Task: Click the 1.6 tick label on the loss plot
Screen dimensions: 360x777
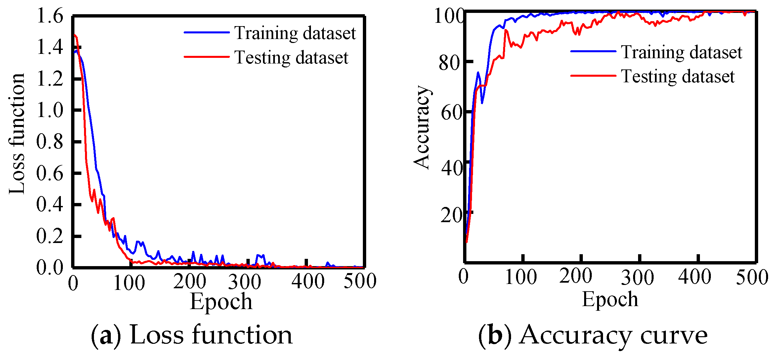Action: (50, 16)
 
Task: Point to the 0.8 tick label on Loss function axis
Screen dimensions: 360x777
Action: (50, 141)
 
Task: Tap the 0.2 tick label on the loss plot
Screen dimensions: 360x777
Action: (50, 236)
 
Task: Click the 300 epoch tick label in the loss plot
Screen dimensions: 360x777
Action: (244, 282)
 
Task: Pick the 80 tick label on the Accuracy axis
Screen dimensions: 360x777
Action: (449, 62)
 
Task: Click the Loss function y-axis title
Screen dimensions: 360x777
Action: (17, 134)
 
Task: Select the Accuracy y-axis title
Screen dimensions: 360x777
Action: (421, 127)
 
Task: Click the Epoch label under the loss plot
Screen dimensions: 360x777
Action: (221, 301)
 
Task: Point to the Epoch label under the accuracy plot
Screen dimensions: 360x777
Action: (610, 300)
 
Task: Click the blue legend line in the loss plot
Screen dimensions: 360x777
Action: (206, 32)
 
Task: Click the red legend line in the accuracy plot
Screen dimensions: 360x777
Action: (593, 76)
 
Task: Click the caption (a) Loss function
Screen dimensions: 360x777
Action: (192, 335)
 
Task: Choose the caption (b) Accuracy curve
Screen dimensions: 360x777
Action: (593, 335)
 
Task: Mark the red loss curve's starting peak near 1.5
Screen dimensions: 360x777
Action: (75, 35)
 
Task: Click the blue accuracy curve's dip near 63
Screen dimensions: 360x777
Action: (482, 103)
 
